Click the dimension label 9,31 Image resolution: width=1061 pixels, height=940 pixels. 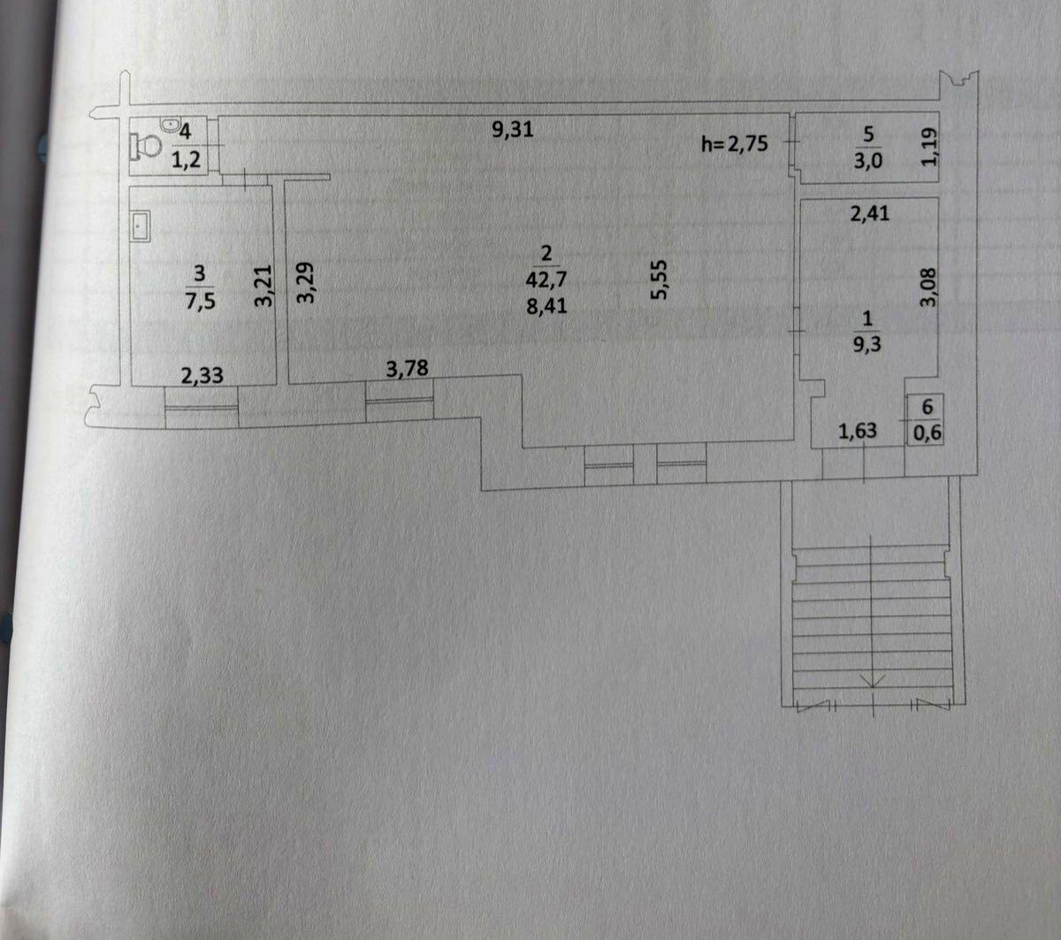click(x=513, y=129)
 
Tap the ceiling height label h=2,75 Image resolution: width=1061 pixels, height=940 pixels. click(x=735, y=143)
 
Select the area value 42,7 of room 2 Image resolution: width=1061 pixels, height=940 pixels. click(x=546, y=279)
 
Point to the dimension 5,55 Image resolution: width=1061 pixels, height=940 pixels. click(x=660, y=279)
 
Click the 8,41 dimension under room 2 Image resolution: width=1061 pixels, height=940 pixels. click(x=546, y=305)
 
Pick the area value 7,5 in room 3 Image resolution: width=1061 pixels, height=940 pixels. click(x=201, y=302)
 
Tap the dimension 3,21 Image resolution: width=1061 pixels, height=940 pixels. click(x=263, y=286)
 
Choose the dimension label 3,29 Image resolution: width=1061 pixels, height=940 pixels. click(x=305, y=283)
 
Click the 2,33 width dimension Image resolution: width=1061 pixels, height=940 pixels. click(x=202, y=375)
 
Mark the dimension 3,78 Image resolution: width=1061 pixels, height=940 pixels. click(x=407, y=369)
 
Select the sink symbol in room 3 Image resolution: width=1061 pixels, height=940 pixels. click(x=141, y=225)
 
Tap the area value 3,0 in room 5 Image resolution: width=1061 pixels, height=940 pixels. click(x=868, y=160)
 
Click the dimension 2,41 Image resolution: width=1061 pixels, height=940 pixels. click(x=869, y=213)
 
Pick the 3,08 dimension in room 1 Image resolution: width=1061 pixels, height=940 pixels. click(x=928, y=287)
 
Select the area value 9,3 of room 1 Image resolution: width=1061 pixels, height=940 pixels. click(x=867, y=344)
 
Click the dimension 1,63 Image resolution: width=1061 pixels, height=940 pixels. click(x=858, y=431)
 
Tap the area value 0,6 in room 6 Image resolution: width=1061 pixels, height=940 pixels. click(x=927, y=432)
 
